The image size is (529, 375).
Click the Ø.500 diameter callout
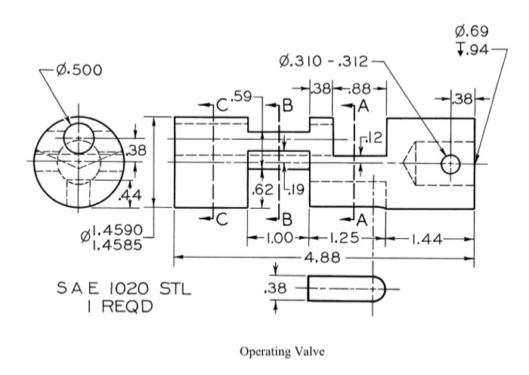click(79, 70)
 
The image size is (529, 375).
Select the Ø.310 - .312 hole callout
click(323, 62)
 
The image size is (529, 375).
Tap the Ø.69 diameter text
click(472, 32)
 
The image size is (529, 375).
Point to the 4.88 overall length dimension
click(323, 258)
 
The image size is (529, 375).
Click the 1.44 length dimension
click(426, 240)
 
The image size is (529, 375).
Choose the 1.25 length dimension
click(344, 238)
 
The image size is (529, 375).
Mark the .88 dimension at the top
click(360, 88)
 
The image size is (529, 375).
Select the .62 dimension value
click(262, 190)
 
